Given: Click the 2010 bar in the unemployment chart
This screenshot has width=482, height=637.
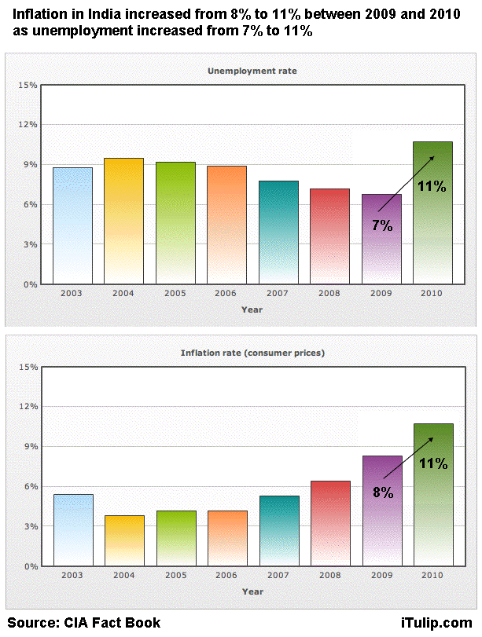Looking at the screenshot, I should (432, 236).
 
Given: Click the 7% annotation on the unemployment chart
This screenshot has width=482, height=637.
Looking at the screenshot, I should (382, 225).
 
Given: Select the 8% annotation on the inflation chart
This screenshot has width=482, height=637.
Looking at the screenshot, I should (382, 492).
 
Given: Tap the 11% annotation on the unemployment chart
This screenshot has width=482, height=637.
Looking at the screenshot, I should (432, 187).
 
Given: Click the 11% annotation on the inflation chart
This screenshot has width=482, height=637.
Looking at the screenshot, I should (432, 463).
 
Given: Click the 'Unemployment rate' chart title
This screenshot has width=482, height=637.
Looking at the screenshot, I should (252, 71).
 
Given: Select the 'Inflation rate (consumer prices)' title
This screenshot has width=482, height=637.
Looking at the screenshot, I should (252, 353).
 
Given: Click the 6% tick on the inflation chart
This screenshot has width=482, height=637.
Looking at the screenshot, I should (30, 486).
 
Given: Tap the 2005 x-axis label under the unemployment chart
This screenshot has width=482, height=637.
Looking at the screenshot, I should (175, 293).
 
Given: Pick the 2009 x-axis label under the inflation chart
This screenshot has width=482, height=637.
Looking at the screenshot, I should (381, 575).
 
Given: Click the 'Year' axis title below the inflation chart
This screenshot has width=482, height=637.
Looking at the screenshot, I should (252, 591).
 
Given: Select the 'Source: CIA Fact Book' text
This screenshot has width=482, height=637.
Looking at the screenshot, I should (84, 623).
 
